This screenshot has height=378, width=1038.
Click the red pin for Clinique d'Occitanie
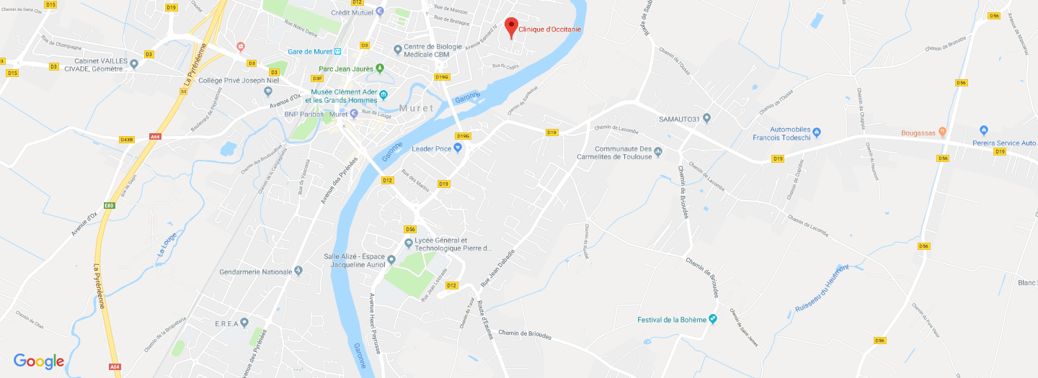pos(511,27)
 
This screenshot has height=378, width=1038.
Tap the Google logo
pos(39,361)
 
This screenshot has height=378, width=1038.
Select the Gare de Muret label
pos(309,52)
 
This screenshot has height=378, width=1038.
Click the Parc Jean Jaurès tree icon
pos(381,68)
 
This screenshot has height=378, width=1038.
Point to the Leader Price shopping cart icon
pos(457,148)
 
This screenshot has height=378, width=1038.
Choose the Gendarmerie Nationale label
pos(256,271)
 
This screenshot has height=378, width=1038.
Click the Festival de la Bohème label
pos(671,320)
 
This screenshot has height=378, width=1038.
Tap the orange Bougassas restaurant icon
pos(941,132)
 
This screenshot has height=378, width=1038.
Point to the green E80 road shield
pos(109,206)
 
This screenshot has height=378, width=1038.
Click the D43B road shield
pos(127,139)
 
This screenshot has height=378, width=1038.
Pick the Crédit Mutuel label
pos(352,12)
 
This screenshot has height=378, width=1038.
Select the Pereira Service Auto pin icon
pos(984,130)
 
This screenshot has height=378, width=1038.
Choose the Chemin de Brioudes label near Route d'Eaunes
pos(524,335)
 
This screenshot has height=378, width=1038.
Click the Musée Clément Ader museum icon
pos(383,95)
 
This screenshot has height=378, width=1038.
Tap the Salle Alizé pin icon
pos(391,260)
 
